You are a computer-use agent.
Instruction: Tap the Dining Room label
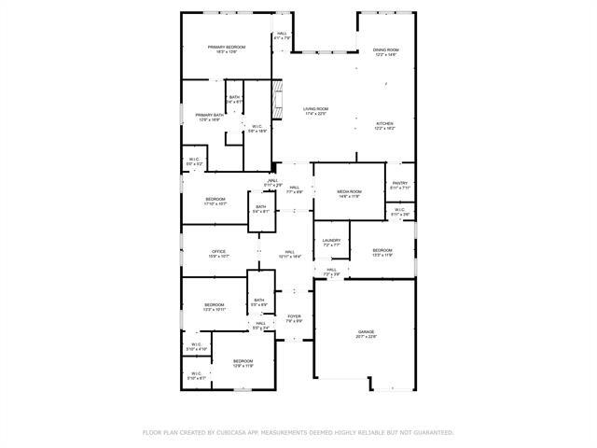[x=386, y=50]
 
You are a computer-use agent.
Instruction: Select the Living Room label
[x=315, y=109]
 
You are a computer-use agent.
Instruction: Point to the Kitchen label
[x=385, y=123]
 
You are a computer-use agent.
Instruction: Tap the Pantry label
[x=400, y=183]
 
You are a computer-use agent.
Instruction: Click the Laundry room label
[x=331, y=241]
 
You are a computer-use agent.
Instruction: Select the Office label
[x=218, y=251]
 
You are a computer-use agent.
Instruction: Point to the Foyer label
[x=294, y=317]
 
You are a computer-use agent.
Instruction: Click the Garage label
[x=366, y=332]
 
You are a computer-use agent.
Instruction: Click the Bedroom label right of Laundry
[x=382, y=250]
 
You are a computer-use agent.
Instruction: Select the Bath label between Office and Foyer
[x=259, y=301]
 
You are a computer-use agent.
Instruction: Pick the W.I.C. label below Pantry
[x=400, y=210]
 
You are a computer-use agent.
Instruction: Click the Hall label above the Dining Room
[x=282, y=35]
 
